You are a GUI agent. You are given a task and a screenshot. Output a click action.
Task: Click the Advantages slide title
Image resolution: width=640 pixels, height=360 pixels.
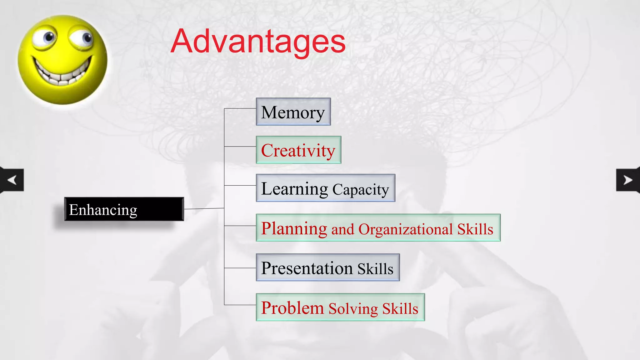point(258,42)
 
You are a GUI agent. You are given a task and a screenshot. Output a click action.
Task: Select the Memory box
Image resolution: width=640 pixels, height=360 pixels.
point(293,112)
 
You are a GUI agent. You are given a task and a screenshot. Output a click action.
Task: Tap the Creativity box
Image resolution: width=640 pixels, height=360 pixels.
point(298,150)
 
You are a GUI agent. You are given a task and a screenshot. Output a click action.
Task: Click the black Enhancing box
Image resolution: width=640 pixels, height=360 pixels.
point(124,209)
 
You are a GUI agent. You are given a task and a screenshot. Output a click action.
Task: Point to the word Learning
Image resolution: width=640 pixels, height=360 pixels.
point(294,189)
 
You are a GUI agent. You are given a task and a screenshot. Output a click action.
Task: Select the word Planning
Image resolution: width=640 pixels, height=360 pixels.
point(294,228)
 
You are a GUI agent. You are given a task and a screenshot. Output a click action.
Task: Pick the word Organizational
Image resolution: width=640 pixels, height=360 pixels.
point(406,229)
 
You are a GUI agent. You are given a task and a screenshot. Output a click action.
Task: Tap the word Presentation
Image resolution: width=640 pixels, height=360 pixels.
point(307,268)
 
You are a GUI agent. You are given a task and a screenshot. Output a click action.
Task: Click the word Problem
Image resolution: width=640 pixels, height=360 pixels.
point(292,308)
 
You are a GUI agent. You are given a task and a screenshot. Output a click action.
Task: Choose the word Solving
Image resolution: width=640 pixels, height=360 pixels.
point(353,309)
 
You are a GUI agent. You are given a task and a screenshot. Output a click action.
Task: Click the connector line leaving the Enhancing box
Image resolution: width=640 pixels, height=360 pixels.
point(204,208)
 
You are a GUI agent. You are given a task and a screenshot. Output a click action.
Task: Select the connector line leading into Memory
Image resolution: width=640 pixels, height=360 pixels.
point(240,108)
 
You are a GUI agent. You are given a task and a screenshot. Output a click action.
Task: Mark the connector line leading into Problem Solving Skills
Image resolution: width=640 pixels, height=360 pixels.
point(240,305)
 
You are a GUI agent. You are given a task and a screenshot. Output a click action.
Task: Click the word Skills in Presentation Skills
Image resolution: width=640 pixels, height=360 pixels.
point(375,269)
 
